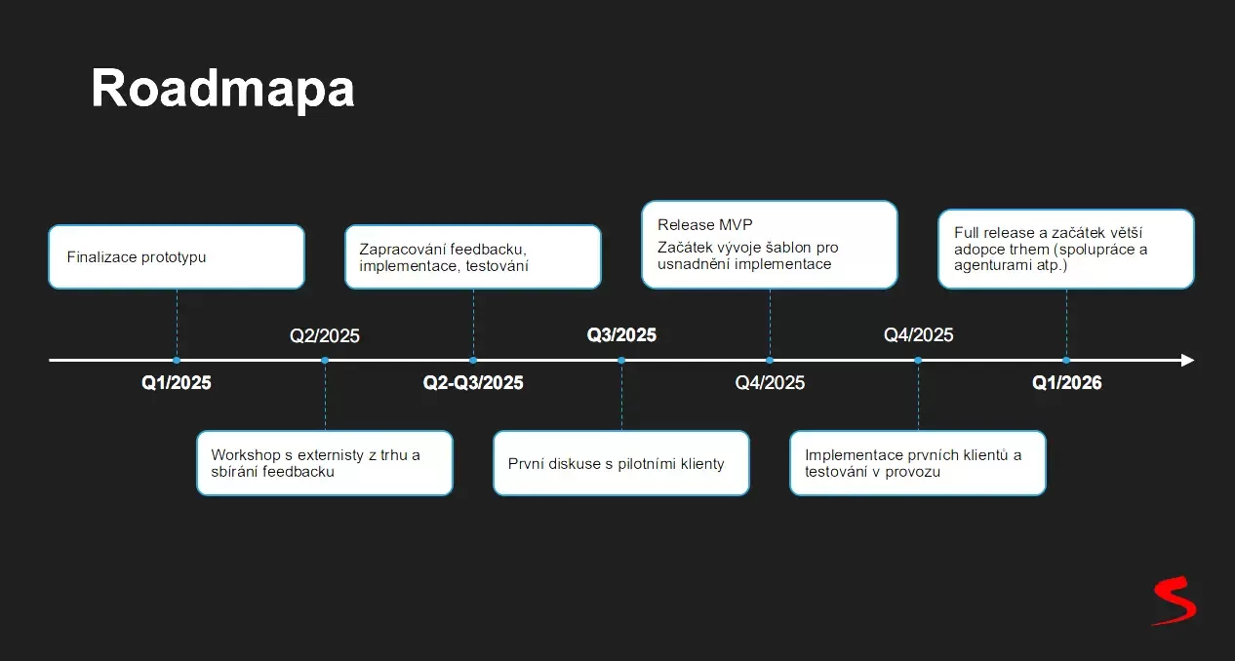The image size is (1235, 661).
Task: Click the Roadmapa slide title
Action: click(222, 89)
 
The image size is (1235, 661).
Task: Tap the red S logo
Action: click(1174, 601)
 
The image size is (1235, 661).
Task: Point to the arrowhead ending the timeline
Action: click(1186, 360)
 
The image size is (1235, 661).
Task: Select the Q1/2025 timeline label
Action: click(177, 383)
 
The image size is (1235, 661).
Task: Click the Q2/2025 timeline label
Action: click(325, 336)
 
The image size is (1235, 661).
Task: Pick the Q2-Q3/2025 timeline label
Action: click(473, 383)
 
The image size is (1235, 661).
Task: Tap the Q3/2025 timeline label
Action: click(621, 335)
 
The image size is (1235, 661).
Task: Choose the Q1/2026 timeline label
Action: click(1066, 383)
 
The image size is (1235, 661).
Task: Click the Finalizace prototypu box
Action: click(177, 257)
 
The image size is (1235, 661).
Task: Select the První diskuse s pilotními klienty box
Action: click(621, 463)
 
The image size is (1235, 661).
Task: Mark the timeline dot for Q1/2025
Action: click(177, 360)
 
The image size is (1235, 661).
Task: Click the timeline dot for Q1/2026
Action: click(1066, 360)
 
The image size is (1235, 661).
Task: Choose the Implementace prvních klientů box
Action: click(918, 463)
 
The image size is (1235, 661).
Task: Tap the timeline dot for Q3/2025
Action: click(621, 360)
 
